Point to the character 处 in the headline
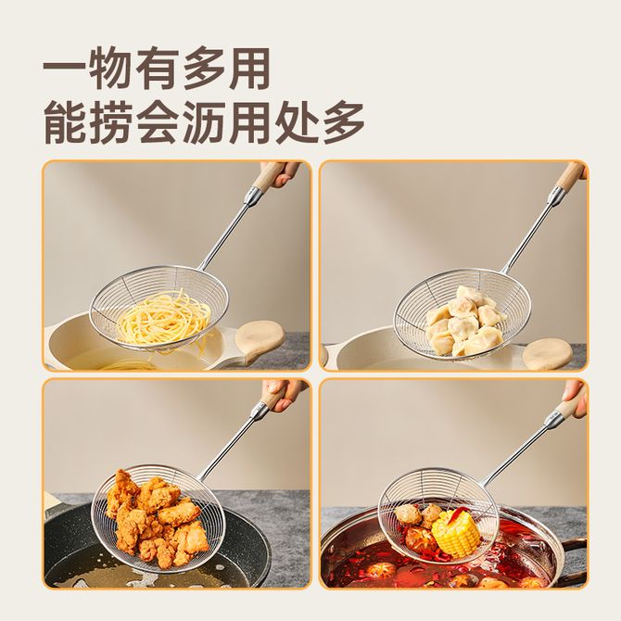tap(297, 122)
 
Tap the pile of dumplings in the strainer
tap(466, 320)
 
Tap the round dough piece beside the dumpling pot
tap(548, 354)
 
